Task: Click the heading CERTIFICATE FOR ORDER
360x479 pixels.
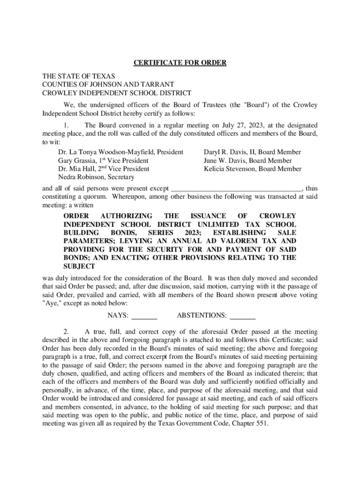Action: click(x=180, y=63)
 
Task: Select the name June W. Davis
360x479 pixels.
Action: click(x=224, y=160)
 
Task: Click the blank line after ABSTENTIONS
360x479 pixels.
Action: click(x=243, y=316)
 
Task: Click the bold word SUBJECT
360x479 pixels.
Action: click(x=79, y=266)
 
